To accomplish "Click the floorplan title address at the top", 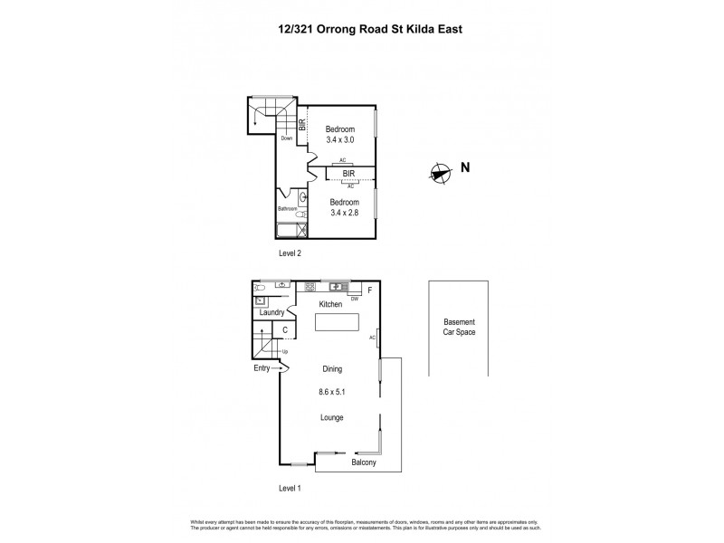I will pyautogui.click(x=361, y=27).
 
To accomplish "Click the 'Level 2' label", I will pyautogui.click(x=289, y=253).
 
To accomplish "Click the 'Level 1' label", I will pyautogui.click(x=289, y=489).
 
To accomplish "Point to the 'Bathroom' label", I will pyautogui.click(x=287, y=209).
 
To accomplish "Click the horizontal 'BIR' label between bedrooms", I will pyautogui.click(x=348, y=173).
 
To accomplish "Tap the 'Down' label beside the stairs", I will pyautogui.click(x=286, y=138).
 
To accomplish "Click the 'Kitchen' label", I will pyautogui.click(x=329, y=305).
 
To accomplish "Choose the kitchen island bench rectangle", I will pyautogui.click(x=337, y=323).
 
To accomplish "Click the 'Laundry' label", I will pyautogui.click(x=272, y=313).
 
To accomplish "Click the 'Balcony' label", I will pyautogui.click(x=364, y=463).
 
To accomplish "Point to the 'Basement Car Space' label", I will pyautogui.click(x=459, y=328).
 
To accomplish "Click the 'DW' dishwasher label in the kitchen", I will pyautogui.click(x=355, y=298).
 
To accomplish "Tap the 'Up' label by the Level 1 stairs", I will pyautogui.click(x=285, y=351).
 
